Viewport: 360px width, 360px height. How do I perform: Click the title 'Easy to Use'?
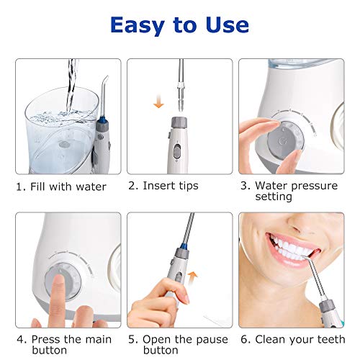point(179,25)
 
